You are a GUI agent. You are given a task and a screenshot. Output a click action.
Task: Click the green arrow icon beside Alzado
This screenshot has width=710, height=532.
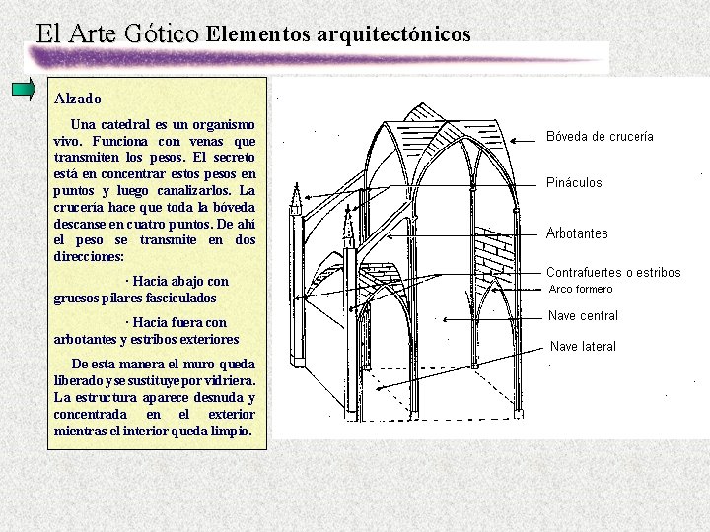coord(24,89)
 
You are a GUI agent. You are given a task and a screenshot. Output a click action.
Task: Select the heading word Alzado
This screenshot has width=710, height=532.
coord(78,100)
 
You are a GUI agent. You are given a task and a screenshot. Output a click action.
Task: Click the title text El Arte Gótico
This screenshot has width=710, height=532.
coord(117,33)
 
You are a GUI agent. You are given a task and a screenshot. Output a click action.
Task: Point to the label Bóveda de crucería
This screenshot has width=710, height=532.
coord(600,137)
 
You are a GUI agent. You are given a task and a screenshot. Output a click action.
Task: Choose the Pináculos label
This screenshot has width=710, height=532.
coord(574,183)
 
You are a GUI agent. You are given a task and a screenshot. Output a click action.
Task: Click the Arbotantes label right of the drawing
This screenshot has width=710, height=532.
coord(577,233)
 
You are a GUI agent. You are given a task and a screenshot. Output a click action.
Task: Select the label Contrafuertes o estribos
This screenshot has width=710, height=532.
coord(613,273)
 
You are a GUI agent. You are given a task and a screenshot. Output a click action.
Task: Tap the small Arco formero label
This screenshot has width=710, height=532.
coord(581,290)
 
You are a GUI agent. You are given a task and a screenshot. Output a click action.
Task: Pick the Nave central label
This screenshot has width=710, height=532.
coord(584,316)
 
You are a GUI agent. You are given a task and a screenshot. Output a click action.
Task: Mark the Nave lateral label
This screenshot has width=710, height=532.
coord(583,347)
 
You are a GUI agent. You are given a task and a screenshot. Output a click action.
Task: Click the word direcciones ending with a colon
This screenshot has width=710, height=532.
coord(90,256)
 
